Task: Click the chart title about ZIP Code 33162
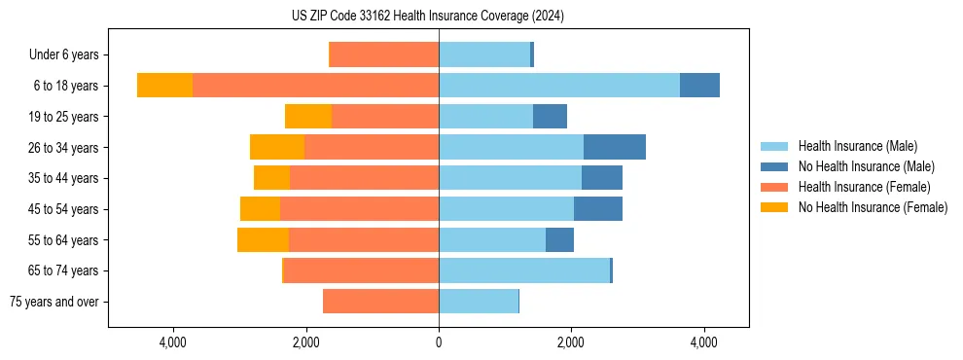pos(427,17)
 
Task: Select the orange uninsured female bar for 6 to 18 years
pos(164,86)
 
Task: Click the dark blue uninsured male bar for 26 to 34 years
pos(614,147)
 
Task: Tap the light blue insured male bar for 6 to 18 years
pos(559,86)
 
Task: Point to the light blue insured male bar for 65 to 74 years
pos(523,270)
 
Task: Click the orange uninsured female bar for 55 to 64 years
pos(263,239)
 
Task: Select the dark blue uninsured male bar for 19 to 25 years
pos(550,117)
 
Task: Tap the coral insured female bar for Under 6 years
pos(384,54)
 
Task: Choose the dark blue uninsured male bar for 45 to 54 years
pos(597,209)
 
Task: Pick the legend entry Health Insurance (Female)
pos(864,187)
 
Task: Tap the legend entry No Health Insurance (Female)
pos(873,207)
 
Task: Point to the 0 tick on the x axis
pos(439,342)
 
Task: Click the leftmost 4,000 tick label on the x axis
pos(173,342)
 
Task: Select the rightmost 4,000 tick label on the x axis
pos(703,342)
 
